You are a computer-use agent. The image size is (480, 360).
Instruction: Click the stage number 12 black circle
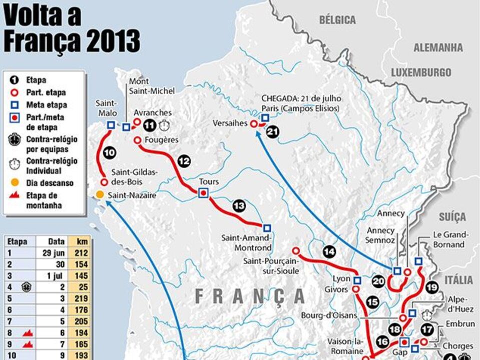click(184, 161)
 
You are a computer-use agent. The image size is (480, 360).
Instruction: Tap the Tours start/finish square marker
click(203, 193)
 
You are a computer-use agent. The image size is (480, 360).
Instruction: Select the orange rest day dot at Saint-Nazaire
click(100, 194)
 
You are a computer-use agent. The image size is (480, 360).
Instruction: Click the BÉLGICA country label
click(337, 20)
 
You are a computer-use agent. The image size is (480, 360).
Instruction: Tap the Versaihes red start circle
click(254, 123)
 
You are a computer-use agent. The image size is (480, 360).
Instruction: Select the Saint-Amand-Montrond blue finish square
click(267, 227)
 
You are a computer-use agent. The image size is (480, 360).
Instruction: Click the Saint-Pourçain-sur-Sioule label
click(270, 266)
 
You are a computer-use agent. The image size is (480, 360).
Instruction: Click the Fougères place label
click(162, 140)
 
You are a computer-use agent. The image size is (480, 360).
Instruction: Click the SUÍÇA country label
click(452, 217)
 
